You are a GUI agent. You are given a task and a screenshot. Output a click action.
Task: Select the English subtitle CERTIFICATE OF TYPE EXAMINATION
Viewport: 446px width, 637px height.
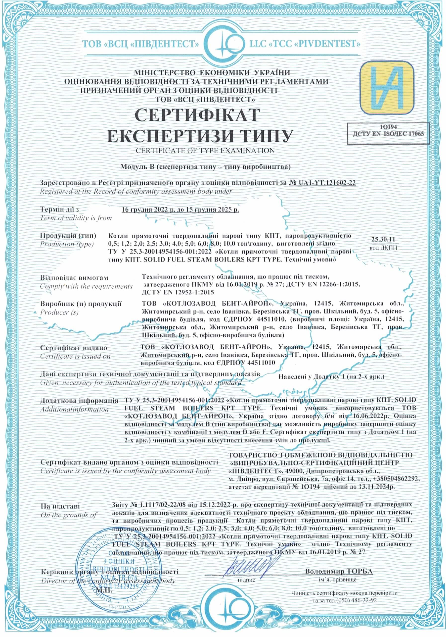click(x=205, y=150)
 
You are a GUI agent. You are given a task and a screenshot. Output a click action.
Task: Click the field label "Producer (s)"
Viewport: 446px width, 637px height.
click(x=60, y=312)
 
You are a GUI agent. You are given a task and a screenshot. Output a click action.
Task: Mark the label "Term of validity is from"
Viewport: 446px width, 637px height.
click(x=76, y=218)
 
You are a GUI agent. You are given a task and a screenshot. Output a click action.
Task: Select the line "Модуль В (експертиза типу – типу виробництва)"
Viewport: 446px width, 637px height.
click(x=205, y=167)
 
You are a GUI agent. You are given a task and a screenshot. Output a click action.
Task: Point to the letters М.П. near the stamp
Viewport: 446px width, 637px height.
click(x=105, y=588)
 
